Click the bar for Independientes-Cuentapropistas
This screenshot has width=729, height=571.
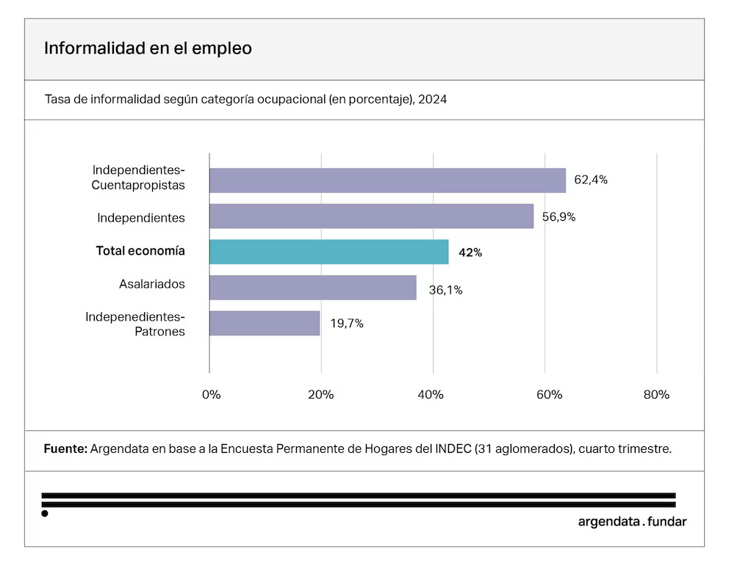coord(387,181)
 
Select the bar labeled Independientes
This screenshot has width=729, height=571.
coord(371,217)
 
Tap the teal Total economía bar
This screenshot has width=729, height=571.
coord(328,252)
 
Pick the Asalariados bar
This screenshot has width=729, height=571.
coord(312,288)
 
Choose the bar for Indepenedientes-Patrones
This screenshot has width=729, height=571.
coord(265,323)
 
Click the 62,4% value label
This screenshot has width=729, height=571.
coord(590,180)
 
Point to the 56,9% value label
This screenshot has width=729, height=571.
coord(559,217)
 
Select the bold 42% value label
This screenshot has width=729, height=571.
coord(470,252)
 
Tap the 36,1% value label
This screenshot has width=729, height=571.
coord(445,290)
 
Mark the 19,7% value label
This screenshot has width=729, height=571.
coord(347,323)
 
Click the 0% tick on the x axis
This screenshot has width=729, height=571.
coord(211,395)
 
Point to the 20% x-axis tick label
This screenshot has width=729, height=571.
coord(321,395)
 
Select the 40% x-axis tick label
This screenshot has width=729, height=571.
coord(431,395)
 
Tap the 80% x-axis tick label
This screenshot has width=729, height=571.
coord(656,395)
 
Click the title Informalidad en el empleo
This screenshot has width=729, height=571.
coord(148,48)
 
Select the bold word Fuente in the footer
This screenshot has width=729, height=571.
coord(66,448)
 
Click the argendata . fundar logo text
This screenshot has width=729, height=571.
coord(632,522)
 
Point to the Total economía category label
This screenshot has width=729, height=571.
coord(140,251)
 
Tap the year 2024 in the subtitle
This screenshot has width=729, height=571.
coord(432,99)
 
